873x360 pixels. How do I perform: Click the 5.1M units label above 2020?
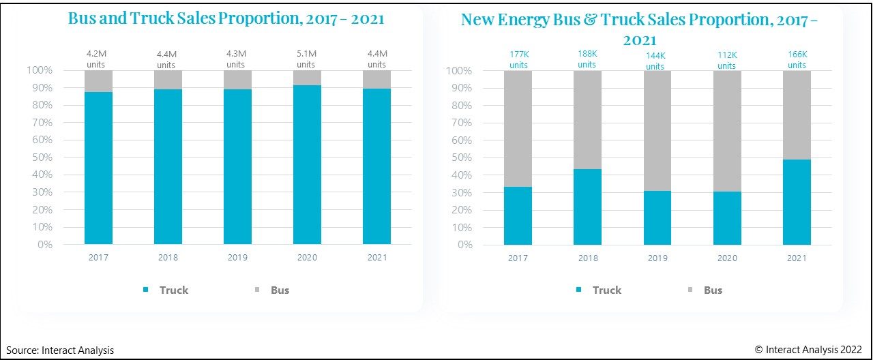click(x=306, y=60)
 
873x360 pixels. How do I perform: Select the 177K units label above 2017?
click(x=518, y=60)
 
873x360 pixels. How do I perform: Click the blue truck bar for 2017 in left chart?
click(x=98, y=168)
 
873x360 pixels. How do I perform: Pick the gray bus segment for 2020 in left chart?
click(x=307, y=78)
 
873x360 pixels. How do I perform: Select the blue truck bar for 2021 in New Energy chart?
click(x=797, y=202)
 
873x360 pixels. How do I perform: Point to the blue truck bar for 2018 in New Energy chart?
click(x=587, y=207)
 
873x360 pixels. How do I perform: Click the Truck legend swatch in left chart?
click(x=145, y=290)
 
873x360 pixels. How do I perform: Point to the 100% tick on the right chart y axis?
click(x=458, y=71)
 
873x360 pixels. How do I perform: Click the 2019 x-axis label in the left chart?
click(x=237, y=258)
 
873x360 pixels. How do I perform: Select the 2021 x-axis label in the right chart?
click(x=796, y=258)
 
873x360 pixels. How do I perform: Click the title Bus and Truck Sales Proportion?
click(x=226, y=18)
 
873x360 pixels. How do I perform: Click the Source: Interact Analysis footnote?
click(x=60, y=350)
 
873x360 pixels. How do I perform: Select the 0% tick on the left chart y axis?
click(x=45, y=244)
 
